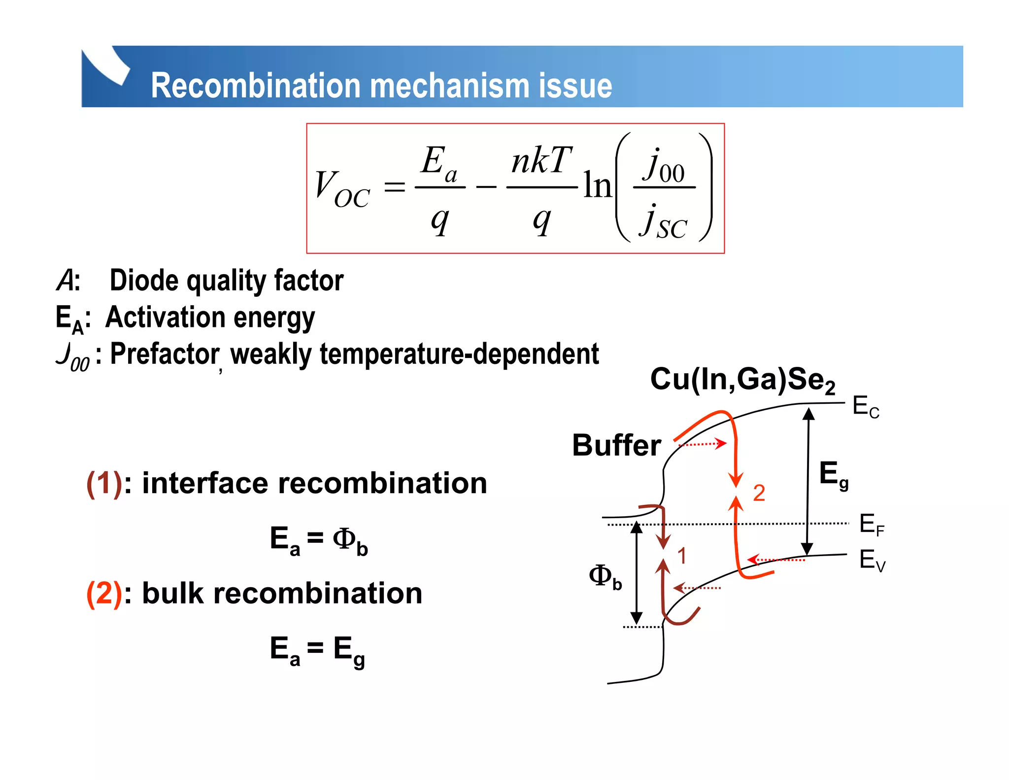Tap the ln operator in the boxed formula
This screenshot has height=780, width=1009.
pos(597,186)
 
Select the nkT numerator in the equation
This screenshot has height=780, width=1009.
pos(541,161)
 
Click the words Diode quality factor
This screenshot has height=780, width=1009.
pos(226,281)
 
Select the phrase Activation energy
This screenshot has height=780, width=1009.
pos(210,318)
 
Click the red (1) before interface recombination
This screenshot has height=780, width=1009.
pos(104,483)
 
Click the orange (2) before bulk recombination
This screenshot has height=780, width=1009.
pos(104,593)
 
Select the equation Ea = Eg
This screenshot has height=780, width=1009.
pos(317,650)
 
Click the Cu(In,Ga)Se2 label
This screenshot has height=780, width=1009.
pos(742,380)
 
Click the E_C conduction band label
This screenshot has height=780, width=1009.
pos(866,407)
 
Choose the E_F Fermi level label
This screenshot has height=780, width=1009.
pos(872,525)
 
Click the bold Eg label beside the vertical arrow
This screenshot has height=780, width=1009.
pos(833,475)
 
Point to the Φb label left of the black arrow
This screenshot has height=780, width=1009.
pos(605,576)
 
